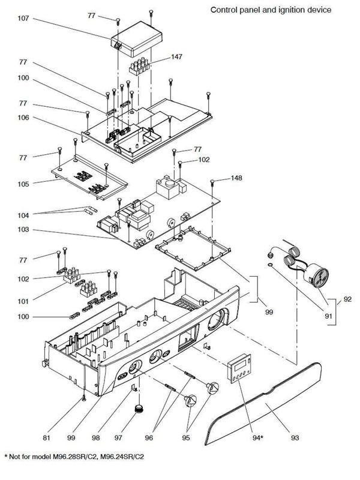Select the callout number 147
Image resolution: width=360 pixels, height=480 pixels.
click(176, 56)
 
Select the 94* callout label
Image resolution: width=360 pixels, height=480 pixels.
click(258, 439)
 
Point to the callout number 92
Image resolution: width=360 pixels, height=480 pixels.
click(347, 299)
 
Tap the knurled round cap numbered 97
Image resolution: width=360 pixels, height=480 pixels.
click(140, 410)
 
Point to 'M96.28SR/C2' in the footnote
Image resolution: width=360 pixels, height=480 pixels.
click(76, 457)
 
